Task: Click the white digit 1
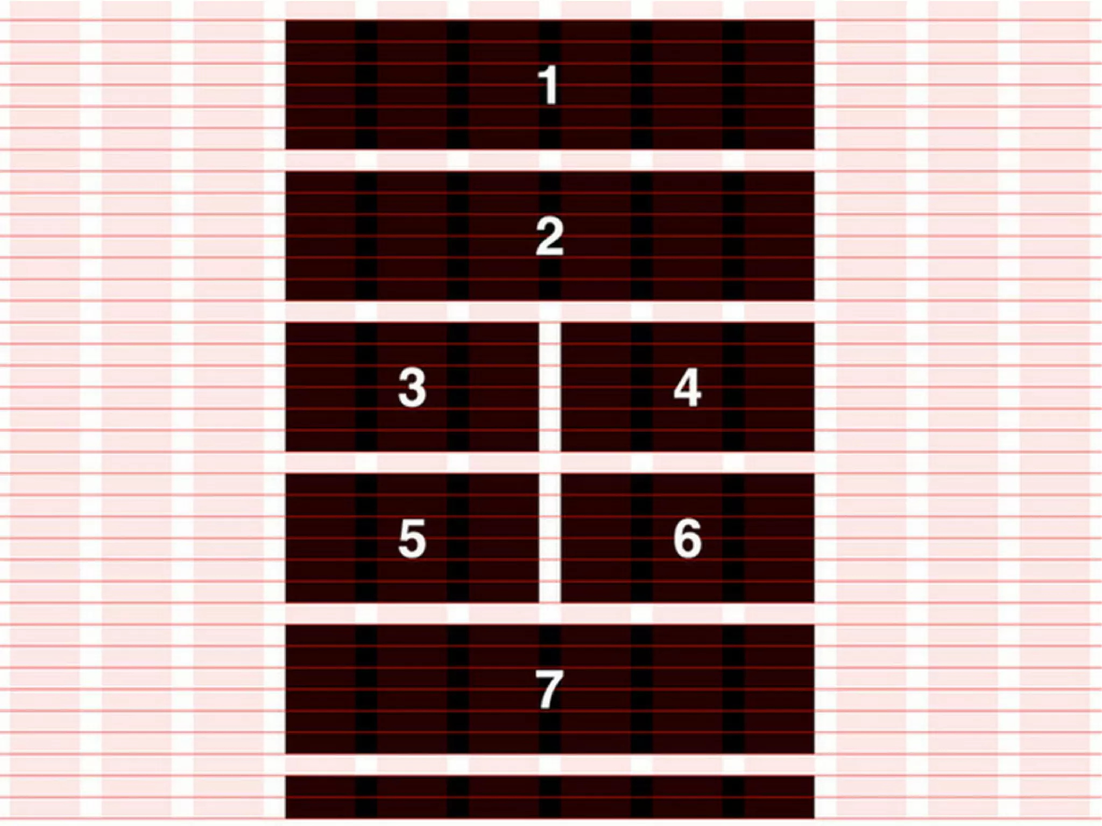pyautogui.click(x=549, y=86)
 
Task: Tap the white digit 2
pyautogui.click(x=549, y=237)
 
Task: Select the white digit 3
pyautogui.click(x=412, y=388)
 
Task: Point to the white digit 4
pyautogui.click(x=687, y=388)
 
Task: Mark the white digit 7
pyautogui.click(x=549, y=689)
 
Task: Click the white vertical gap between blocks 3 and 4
pyautogui.click(x=550, y=387)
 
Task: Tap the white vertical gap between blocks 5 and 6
pyautogui.click(x=550, y=538)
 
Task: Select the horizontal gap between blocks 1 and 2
pyautogui.click(x=549, y=160)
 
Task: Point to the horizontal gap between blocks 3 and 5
pyautogui.click(x=412, y=462)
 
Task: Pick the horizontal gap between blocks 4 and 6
pyautogui.click(x=687, y=462)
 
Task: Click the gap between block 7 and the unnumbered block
pyautogui.click(x=549, y=765)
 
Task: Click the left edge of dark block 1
pyautogui.click(x=286, y=85)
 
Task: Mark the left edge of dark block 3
pyautogui.click(x=286, y=387)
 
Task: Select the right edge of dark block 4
pyautogui.click(x=813, y=387)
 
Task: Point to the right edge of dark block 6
pyautogui.click(x=813, y=538)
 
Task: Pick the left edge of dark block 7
pyautogui.click(x=286, y=689)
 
